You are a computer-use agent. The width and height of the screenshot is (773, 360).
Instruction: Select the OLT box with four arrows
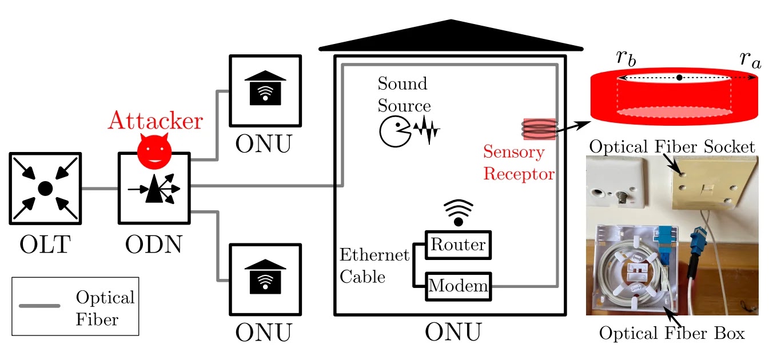[45, 187]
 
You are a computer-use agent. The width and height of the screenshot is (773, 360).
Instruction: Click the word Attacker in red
[156, 121]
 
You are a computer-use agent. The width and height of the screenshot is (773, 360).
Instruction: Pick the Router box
[458, 245]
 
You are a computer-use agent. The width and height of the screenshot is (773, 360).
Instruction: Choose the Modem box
[458, 285]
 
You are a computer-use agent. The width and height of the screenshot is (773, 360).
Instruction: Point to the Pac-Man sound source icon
[393, 131]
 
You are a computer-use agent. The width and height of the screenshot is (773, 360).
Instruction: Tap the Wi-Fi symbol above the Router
[458, 212]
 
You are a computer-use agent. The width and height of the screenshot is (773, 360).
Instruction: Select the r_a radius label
[750, 58]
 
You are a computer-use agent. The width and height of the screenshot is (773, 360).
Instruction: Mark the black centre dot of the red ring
[679, 77]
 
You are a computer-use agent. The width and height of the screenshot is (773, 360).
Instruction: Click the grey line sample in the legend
[39, 306]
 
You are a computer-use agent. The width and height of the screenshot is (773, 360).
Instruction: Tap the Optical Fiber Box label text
[672, 333]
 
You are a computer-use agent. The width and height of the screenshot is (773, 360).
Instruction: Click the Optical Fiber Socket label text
[673, 147]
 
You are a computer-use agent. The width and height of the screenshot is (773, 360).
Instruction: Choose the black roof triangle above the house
[451, 37]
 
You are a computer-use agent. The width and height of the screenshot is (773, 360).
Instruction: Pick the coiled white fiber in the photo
[629, 274]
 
